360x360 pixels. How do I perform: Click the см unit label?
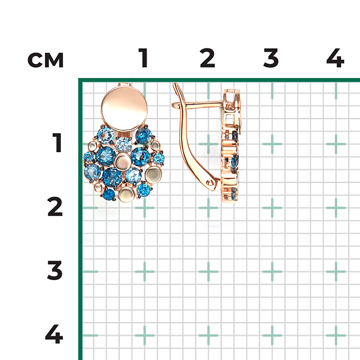45,60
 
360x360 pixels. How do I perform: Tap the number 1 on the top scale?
144,58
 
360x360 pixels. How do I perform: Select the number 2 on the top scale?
207,58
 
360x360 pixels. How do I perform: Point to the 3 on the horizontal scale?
271,58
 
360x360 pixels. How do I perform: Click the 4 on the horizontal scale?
335,58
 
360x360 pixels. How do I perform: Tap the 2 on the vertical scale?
55,206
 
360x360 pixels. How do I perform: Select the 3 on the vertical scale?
55,270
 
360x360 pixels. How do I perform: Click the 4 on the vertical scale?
54,334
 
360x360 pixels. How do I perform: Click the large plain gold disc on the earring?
124,109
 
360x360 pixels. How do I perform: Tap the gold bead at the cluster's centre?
122,162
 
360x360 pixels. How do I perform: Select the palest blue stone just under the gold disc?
124,144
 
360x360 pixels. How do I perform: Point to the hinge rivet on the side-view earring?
209,183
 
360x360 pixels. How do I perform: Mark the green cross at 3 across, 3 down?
272,271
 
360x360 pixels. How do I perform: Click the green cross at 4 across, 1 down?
336,144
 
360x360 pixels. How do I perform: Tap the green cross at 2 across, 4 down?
208,336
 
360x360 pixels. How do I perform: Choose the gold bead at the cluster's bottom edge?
127,194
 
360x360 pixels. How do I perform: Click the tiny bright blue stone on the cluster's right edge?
158,158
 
